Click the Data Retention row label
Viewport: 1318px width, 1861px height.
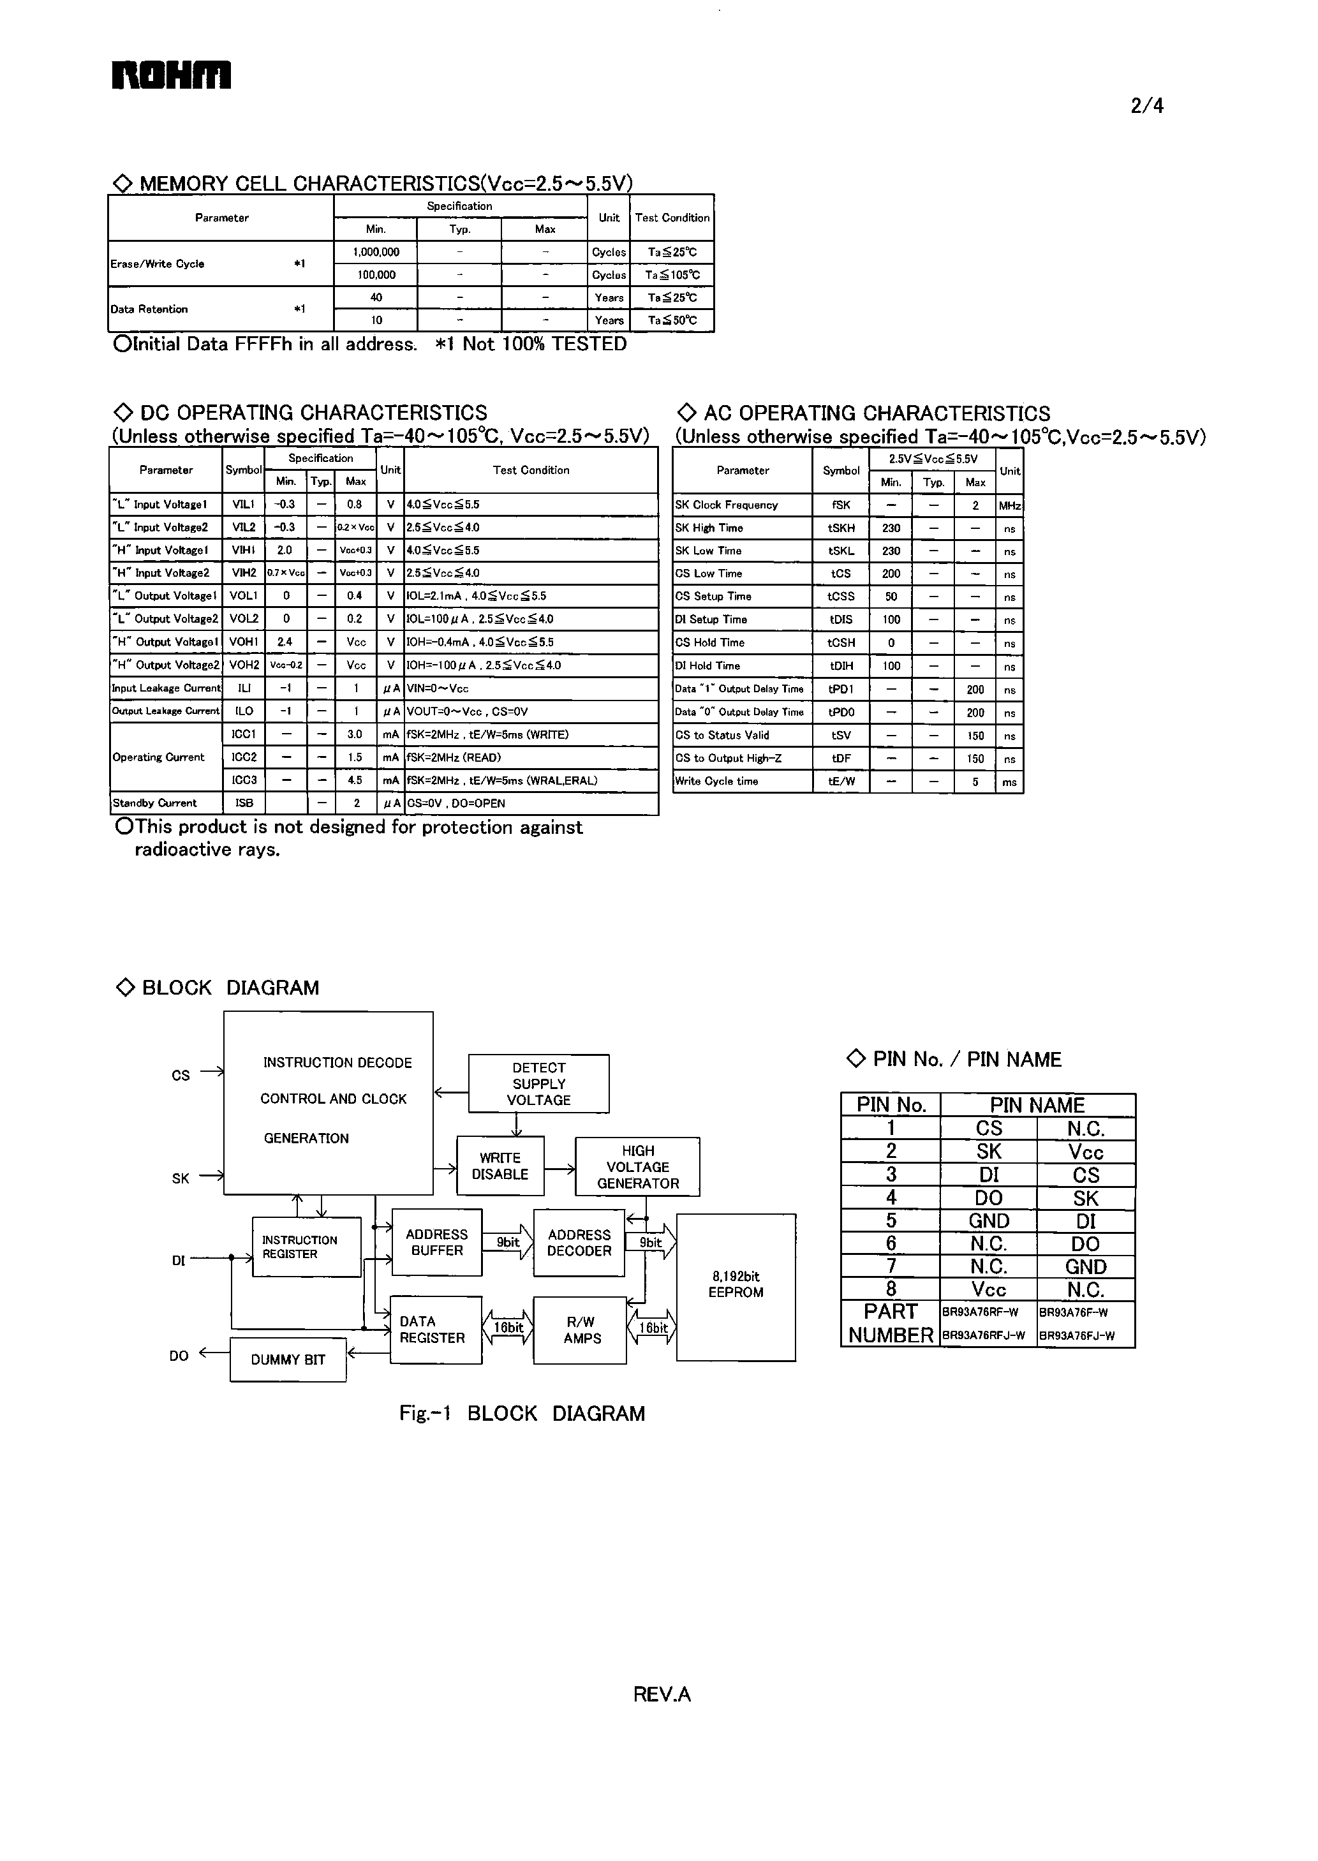[x=149, y=309]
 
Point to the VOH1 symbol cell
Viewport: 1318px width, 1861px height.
[x=244, y=642]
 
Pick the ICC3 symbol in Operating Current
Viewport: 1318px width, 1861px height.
[x=244, y=780]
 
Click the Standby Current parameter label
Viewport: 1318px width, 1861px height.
[x=155, y=803]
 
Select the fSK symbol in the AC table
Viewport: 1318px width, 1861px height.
[x=841, y=505]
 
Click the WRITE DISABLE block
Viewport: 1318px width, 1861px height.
[x=500, y=1166]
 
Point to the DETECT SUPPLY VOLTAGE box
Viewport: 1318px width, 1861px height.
[x=539, y=1083]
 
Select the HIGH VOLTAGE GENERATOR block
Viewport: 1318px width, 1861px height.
[x=638, y=1167]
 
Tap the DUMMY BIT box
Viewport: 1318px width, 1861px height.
[x=288, y=1360]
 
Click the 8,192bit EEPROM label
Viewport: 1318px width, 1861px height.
[x=736, y=1284]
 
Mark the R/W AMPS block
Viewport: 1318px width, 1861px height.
[x=581, y=1330]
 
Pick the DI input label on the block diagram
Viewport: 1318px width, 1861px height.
[x=179, y=1261]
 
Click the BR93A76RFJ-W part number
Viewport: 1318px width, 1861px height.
[x=983, y=1336]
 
